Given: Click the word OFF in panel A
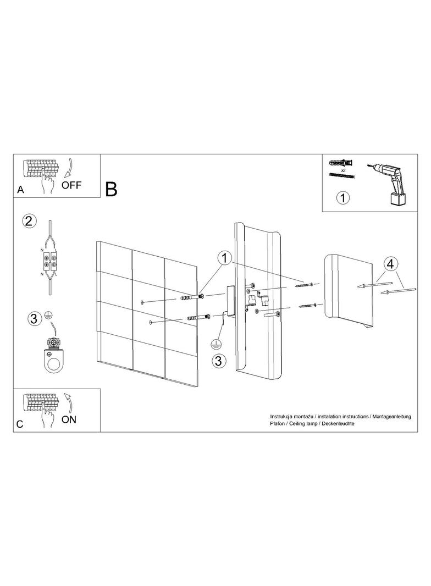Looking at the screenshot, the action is [71, 185].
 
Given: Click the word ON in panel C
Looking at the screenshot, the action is [69, 419].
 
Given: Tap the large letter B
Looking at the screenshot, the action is [112, 189].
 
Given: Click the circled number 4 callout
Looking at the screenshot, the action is [390, 264].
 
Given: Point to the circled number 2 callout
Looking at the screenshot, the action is [30, 222].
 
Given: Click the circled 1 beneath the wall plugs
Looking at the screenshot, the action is [343, 197].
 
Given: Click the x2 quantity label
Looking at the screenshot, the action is [342, 170].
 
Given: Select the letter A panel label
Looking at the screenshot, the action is [20, 190].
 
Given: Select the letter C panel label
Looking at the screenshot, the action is [20, 424].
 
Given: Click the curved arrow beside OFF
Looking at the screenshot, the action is [68, 167].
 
